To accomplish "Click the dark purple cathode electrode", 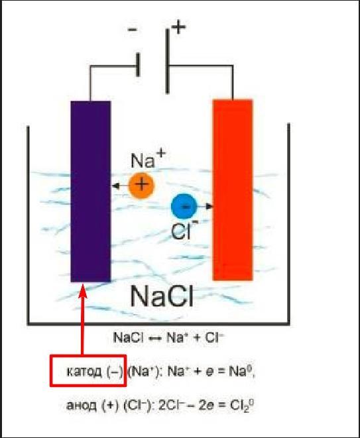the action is (91, 192).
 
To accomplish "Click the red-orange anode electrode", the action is (233, 190).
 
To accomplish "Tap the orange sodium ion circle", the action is (141, 185).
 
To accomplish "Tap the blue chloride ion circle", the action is (184, 207).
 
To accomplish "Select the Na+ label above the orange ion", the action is (148, 159).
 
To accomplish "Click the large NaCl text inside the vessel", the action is (162, 296).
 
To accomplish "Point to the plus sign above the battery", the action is (178, 27).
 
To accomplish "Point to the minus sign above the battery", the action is (132, 29).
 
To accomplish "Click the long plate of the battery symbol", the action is (167, 62).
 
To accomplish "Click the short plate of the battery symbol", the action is (138, 65).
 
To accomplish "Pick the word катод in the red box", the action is (84, 372).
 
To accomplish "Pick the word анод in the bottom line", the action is (82, 406).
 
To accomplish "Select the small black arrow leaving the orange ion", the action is (120, 186).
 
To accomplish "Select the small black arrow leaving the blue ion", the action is (205, 207).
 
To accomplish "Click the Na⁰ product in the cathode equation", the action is (241, 371).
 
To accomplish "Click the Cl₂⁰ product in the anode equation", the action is (242, 406).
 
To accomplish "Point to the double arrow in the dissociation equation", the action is (154, 339).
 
